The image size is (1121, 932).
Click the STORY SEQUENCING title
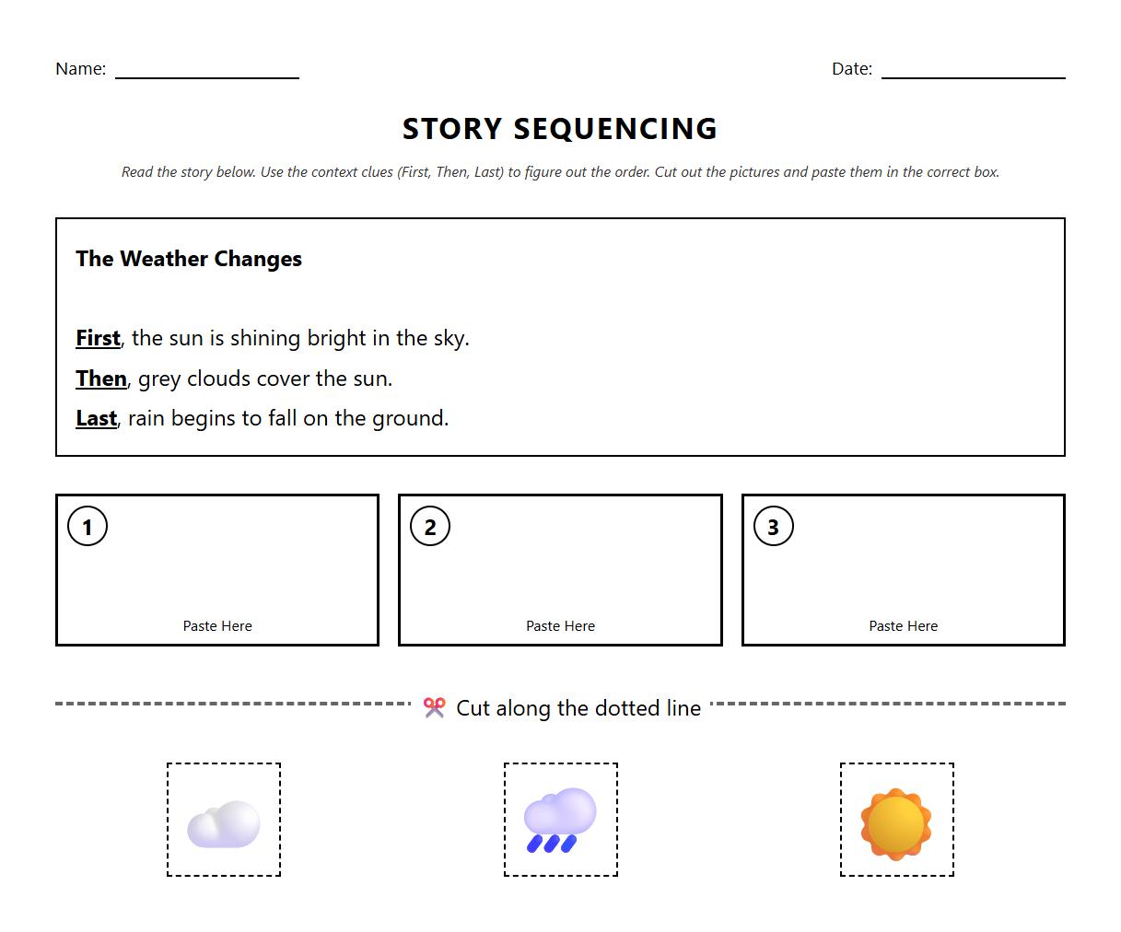click(x=560, y=129)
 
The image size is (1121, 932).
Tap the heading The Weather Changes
click(x=189, y=259)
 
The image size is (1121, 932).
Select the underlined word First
click(x=98, y=338)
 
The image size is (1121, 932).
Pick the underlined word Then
click(x=101, y=379)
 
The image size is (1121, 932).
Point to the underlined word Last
click(x=96, y=418)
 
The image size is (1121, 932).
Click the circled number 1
click(x=88, y=527)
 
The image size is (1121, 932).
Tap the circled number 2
click(x=430, y=527)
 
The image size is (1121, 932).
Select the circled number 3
click(x=773, y=527)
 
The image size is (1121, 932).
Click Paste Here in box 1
click(x=217, y=626)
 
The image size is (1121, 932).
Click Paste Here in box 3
click(x=903, y=626)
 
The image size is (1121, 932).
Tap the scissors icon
click(x=434, y=707)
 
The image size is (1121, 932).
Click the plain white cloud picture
click(x=224, y=822)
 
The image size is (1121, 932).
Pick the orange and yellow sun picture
click(x=896, y=822)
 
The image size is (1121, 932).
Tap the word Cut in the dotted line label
click(x=473, y=708)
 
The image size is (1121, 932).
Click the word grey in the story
click(x=159, y=379)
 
